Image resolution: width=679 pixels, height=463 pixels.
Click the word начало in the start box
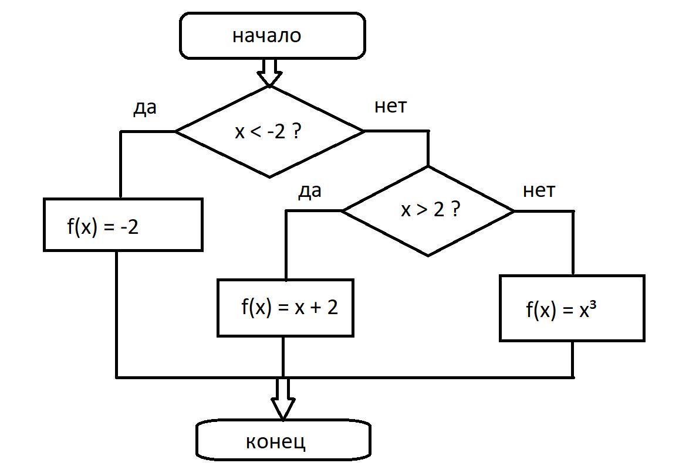click(266, 36)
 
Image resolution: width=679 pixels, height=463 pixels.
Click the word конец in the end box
click(276, 441)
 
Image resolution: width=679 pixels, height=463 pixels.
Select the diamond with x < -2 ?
click(269, 131)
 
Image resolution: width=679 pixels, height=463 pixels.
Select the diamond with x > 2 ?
click(428, 210)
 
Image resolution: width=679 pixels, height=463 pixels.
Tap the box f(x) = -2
click(123, 225)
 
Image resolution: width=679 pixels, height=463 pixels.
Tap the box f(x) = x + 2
click(285, 308)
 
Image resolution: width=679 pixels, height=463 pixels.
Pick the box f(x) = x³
click(572, 308)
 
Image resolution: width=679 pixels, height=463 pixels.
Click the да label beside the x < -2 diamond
click(145, 108)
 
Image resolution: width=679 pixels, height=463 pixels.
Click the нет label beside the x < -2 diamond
click(390, 106)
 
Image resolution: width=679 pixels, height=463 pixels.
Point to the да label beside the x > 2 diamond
click(310, 191)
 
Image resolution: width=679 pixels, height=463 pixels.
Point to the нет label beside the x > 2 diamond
click(539, 190)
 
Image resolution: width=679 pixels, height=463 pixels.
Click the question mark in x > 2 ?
click(455, 209)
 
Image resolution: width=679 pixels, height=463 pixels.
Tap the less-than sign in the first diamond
click(255, 132)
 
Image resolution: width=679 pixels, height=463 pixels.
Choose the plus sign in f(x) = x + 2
click(315, 308)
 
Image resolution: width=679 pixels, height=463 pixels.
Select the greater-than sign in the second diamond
click(422, 210)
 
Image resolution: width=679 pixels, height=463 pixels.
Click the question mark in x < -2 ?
click(296, 131)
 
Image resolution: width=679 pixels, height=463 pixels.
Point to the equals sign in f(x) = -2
click(108, 227)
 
